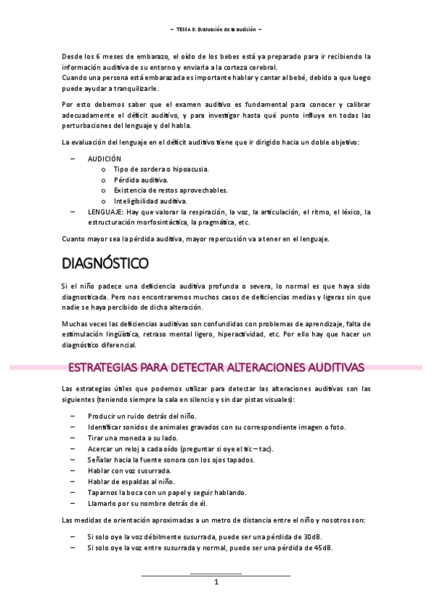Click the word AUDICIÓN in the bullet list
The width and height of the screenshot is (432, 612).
click(x=105, y=157)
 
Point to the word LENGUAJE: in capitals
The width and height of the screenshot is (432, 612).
click(x=105, y=212)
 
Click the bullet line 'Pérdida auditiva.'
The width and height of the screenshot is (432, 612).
click(x=141, y=179)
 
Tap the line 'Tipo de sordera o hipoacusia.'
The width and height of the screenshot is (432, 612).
click(x=162, y=168)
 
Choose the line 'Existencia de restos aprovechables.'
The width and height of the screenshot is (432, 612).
click(x=170, y=190)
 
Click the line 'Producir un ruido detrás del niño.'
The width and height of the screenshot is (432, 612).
click(x=141, y=416)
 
